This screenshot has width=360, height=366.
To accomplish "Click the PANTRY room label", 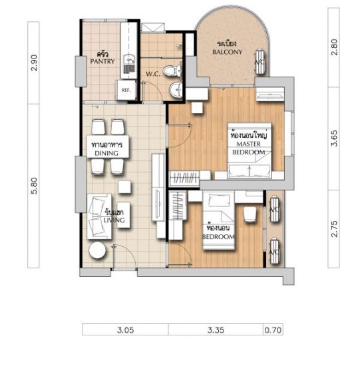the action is pos(102,61).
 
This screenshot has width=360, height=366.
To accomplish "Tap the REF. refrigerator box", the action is pos(126,90).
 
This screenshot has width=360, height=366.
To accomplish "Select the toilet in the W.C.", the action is pos(172,71).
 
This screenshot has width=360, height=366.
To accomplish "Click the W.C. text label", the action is pos(153,75).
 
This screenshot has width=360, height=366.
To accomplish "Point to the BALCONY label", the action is pos(227,52).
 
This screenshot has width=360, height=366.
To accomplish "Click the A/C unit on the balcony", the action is pos(260,62).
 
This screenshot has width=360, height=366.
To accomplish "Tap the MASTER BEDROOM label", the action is pos(249,148).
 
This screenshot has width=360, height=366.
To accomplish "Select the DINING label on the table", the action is pos(106,153).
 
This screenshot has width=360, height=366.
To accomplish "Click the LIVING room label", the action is pos(114,220).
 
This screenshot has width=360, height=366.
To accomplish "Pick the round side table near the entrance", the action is pos(97,250).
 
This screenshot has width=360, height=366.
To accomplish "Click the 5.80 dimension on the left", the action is pos(34,186).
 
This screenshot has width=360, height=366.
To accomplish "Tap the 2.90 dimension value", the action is pos(34,63).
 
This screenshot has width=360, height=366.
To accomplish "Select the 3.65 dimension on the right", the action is pos(334,138).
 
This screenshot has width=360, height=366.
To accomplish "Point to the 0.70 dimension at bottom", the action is pos(273,330).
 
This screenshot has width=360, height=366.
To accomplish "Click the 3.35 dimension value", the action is pos(216,330).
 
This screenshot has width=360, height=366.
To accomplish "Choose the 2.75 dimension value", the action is pos(334,229).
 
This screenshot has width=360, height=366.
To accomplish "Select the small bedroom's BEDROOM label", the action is pos(218,237).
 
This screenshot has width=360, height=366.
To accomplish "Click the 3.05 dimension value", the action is pos(125,330).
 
